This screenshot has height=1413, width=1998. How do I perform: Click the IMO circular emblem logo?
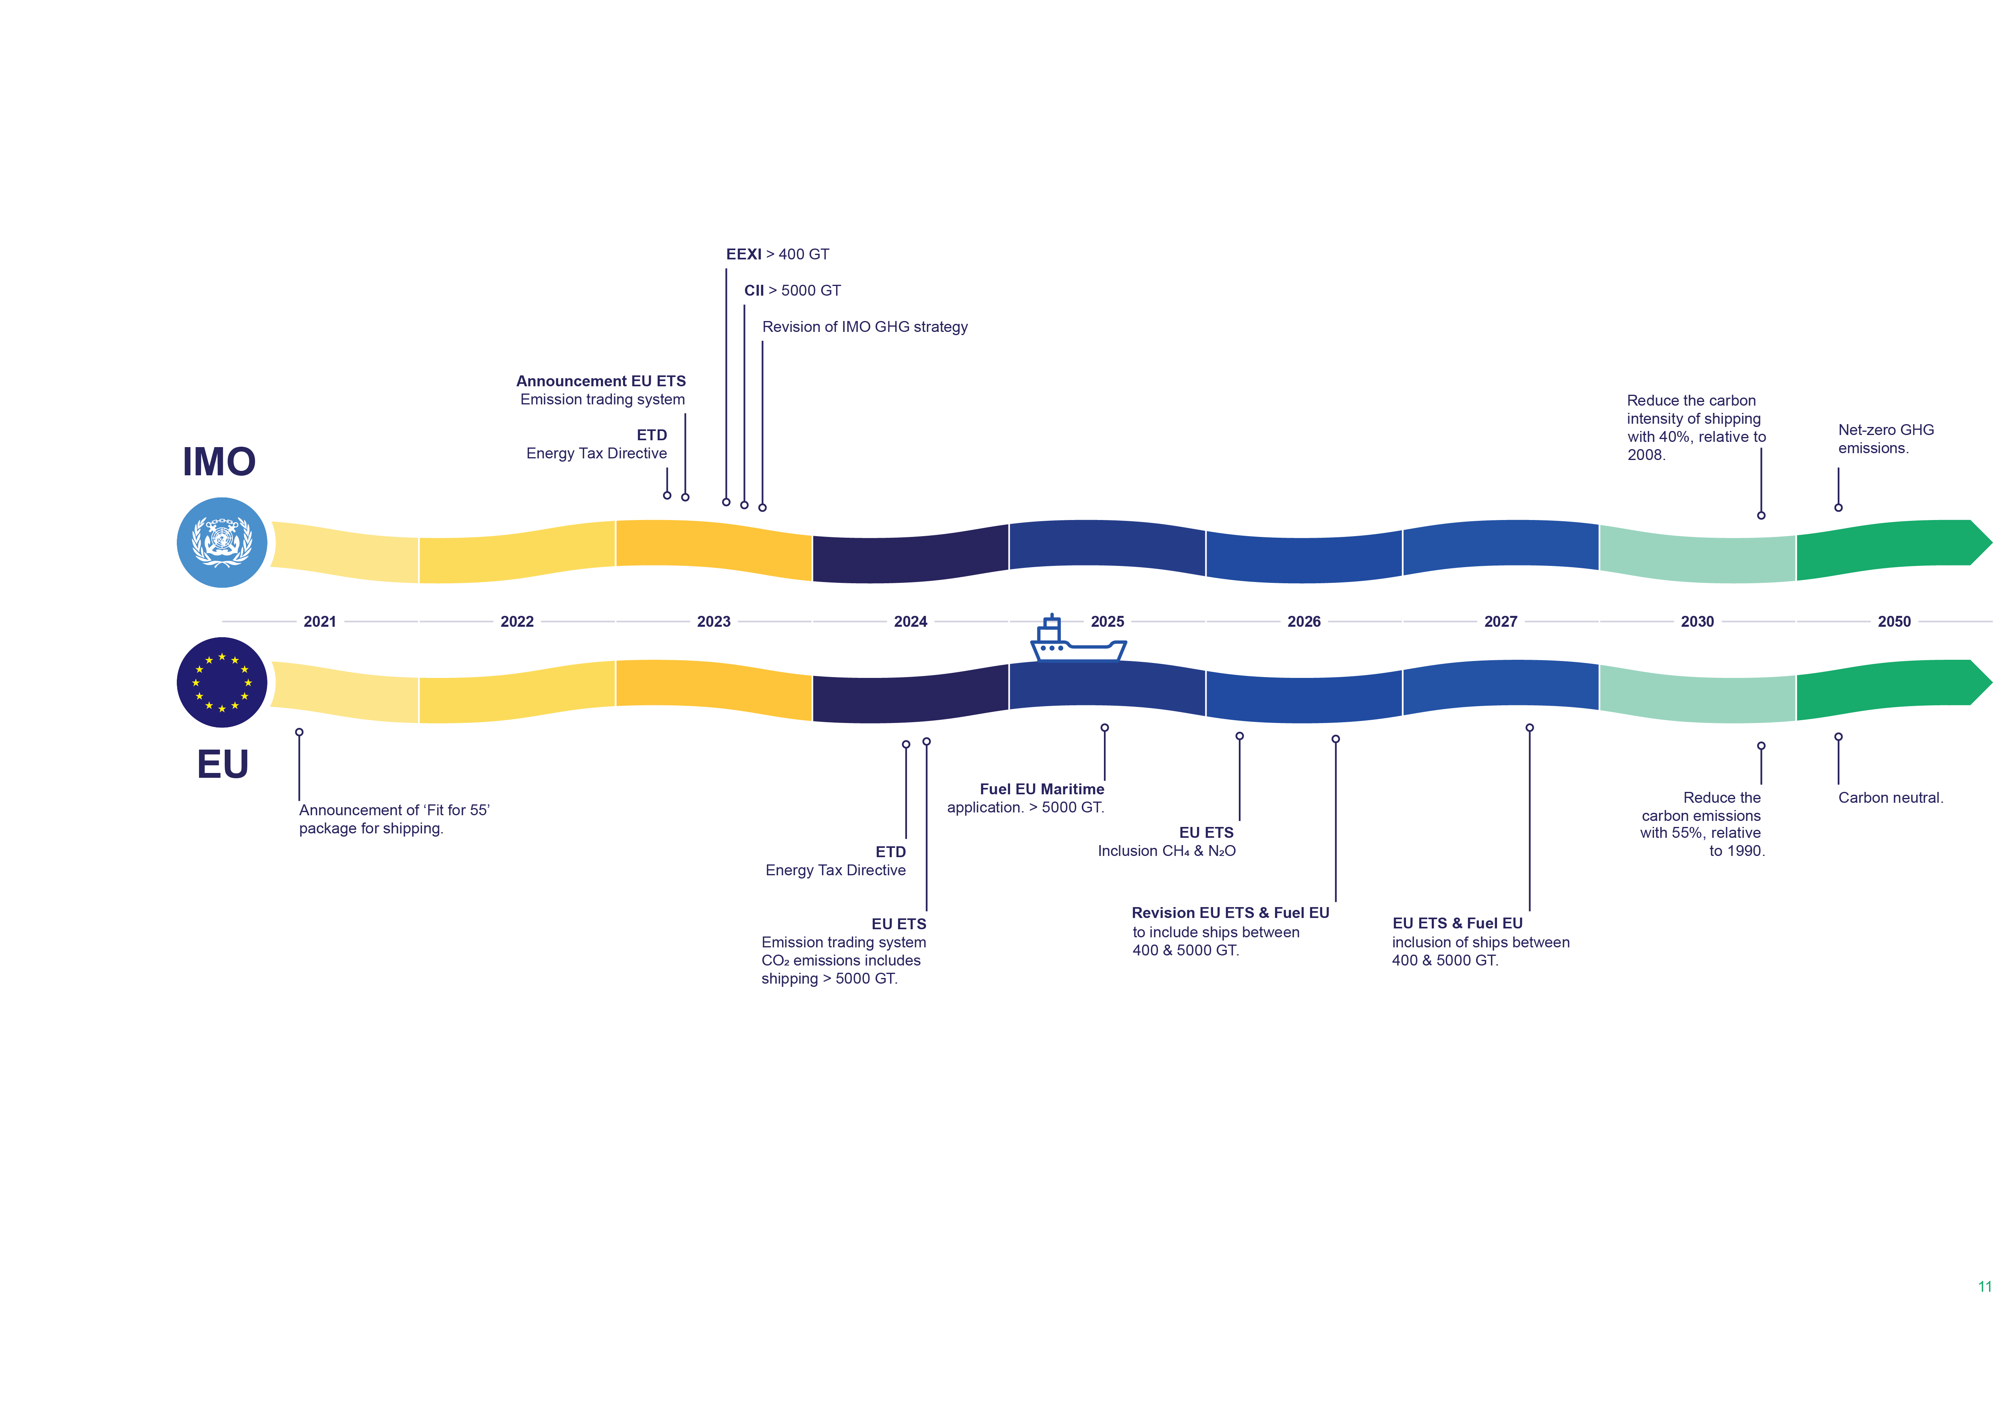tap(222, 542)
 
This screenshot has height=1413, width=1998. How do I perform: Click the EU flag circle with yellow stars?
tap(222, 682)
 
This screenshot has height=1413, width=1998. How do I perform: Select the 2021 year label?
tap(319, 621)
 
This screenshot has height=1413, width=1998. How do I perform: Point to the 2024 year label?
tap(910, 621)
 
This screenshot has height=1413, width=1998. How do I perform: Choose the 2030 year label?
tap(1697, 621)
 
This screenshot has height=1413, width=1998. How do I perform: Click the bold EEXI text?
tap(744, 254)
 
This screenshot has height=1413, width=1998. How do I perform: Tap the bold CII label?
tap(754, 290)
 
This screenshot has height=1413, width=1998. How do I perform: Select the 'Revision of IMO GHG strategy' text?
tap(865, 327)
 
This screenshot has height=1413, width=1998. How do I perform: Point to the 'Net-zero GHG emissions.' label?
tap(1886, 439)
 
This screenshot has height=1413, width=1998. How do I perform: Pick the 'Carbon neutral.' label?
tap(1890, 798)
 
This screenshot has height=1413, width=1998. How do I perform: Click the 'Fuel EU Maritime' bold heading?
tap(1041, 789)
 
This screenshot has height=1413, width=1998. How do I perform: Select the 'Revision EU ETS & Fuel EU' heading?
tap(1230, 913)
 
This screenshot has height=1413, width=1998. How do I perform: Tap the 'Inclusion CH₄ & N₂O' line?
tap(1166, 851)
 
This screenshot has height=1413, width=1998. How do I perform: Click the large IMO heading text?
tap(219, 461)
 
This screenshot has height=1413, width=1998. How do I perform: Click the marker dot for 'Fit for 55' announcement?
tap(299, 733)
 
